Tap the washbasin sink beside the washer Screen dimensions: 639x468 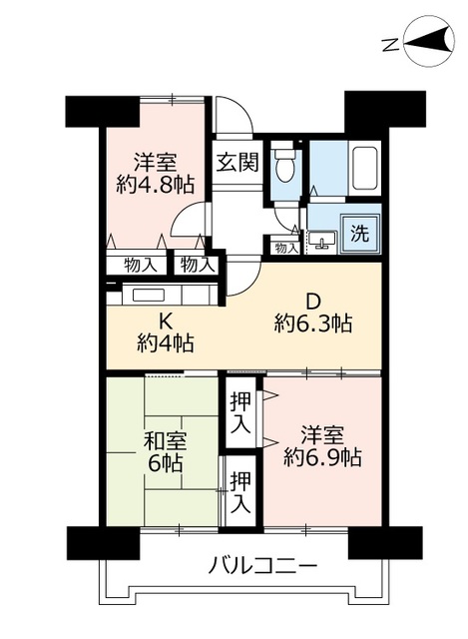322,239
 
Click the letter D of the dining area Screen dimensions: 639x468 312,302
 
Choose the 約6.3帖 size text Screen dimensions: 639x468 312,323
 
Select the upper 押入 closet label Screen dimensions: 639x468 239,413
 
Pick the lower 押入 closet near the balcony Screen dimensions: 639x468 239,491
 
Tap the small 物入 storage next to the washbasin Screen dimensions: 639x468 285,248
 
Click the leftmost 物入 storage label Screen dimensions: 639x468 141,265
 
